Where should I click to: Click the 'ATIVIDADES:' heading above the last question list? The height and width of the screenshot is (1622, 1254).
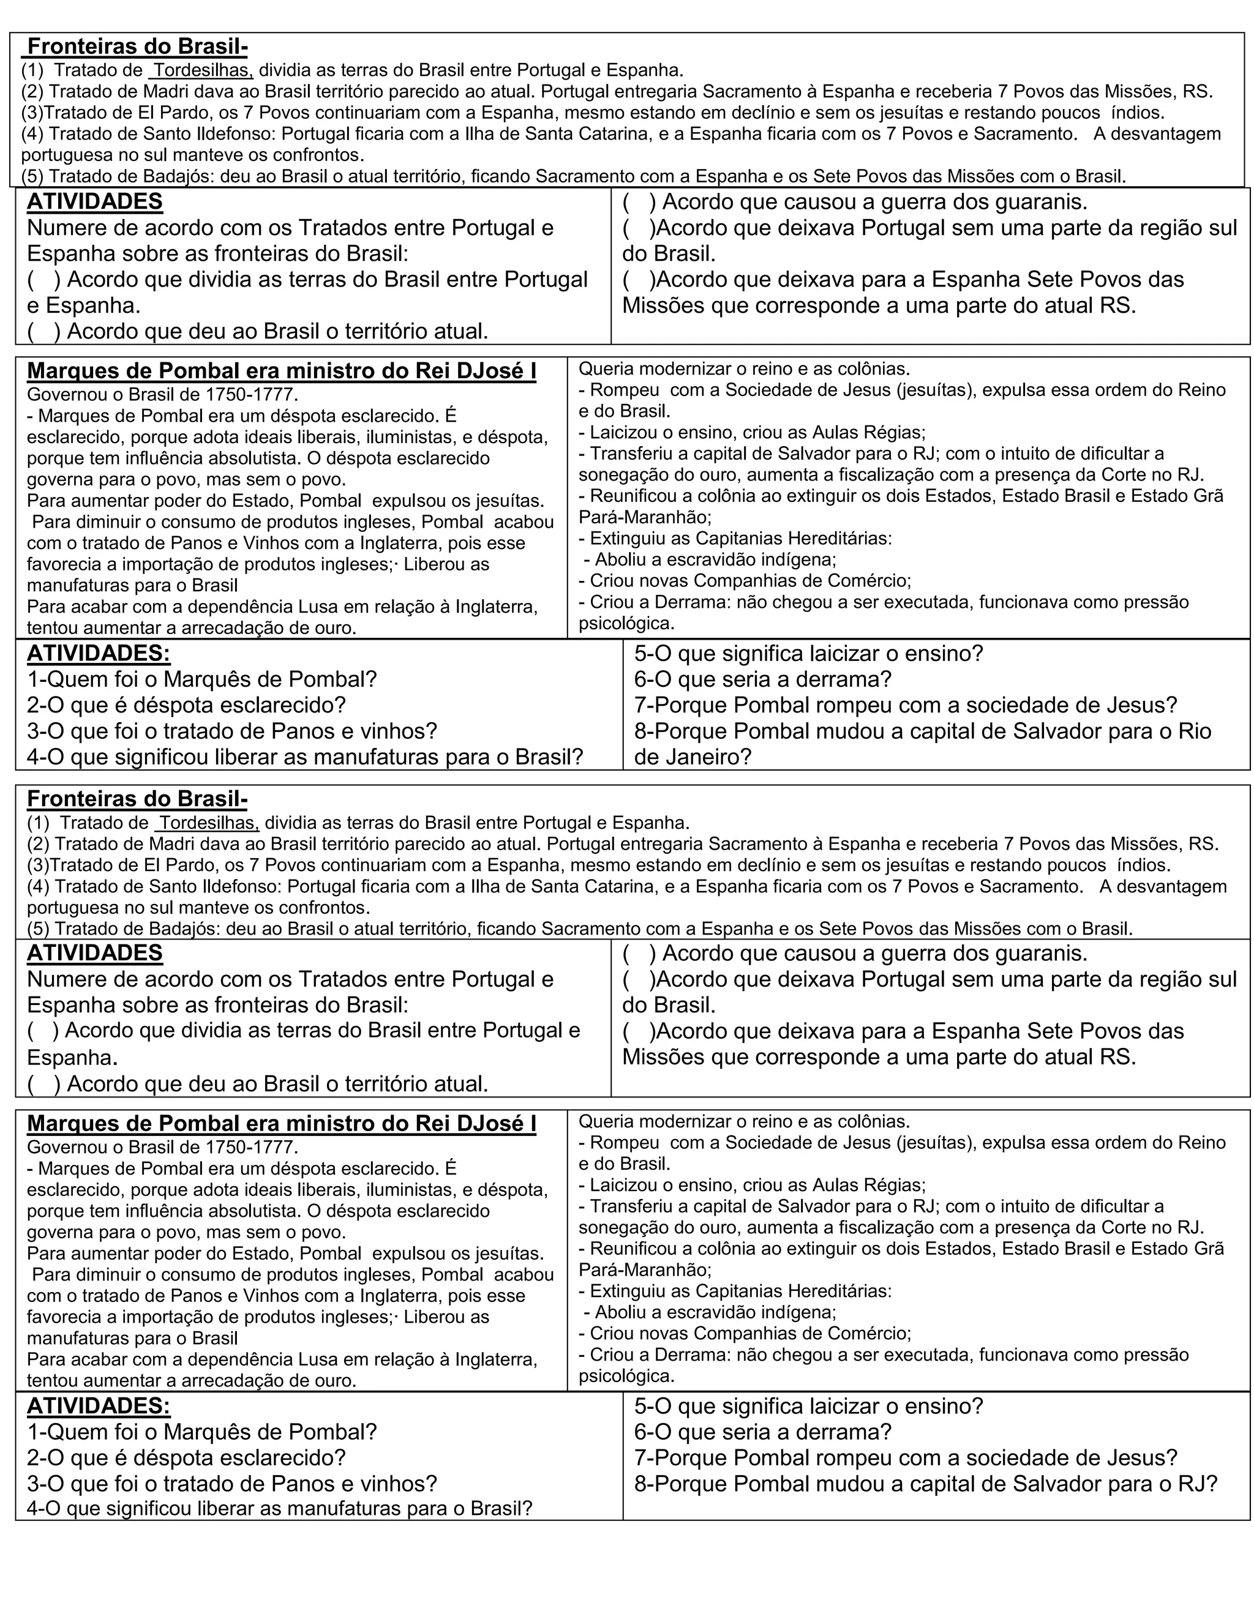coord(99,1406)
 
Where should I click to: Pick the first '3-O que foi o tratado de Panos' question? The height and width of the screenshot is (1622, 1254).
coord(233,731)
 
